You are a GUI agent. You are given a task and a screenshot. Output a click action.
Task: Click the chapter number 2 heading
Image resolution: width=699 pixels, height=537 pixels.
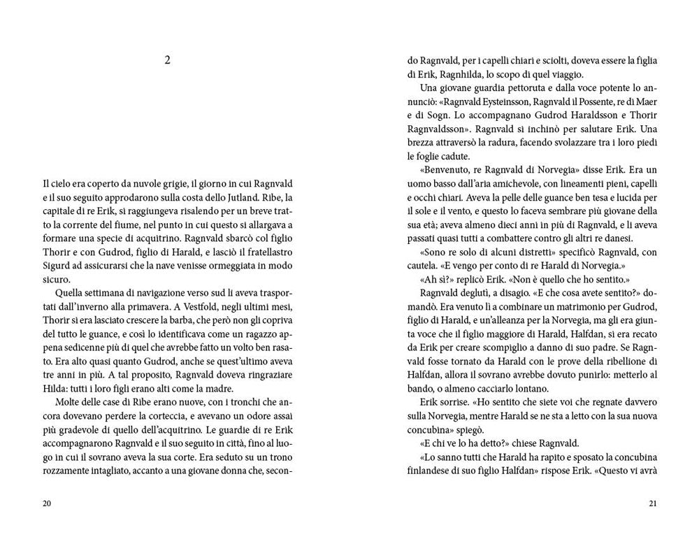[167, 60]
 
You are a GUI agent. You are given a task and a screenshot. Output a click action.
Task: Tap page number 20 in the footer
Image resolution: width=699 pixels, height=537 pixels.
[46, 503]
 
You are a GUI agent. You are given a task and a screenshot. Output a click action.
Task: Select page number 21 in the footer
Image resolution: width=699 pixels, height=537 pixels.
[653, 503]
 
